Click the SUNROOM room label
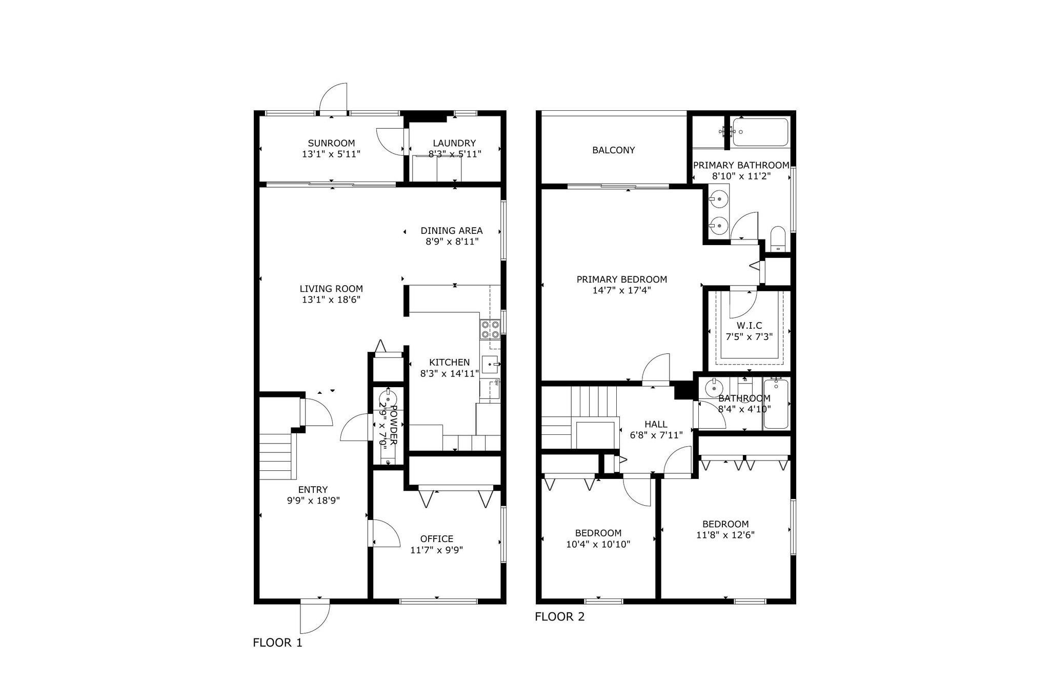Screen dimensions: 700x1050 tap(331, 143)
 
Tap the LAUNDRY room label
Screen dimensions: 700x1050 tap(454, 143)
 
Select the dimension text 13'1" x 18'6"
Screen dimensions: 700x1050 tap(331, 300)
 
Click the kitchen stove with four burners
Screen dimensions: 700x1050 tap(490, 329)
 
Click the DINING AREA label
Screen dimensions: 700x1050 tap(451, 231)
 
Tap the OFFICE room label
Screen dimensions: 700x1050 tap(436, 538)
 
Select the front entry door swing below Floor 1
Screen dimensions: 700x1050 tap(314, 617)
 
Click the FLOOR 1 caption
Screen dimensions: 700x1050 tap(277, 643)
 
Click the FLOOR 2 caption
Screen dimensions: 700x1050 tap(559, 617)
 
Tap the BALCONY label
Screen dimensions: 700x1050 tap(613, 150)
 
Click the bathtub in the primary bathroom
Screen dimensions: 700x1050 tap(760, 132)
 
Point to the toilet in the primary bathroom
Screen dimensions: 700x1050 tap(778, 239)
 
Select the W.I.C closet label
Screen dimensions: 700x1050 tap(749, 326)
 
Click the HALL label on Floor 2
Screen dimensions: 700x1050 tap(656, 424)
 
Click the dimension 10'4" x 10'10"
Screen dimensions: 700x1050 tap(598, 544)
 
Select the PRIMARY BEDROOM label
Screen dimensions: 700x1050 tap(621, 279)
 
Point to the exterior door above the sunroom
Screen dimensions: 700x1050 tap(334, 98)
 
